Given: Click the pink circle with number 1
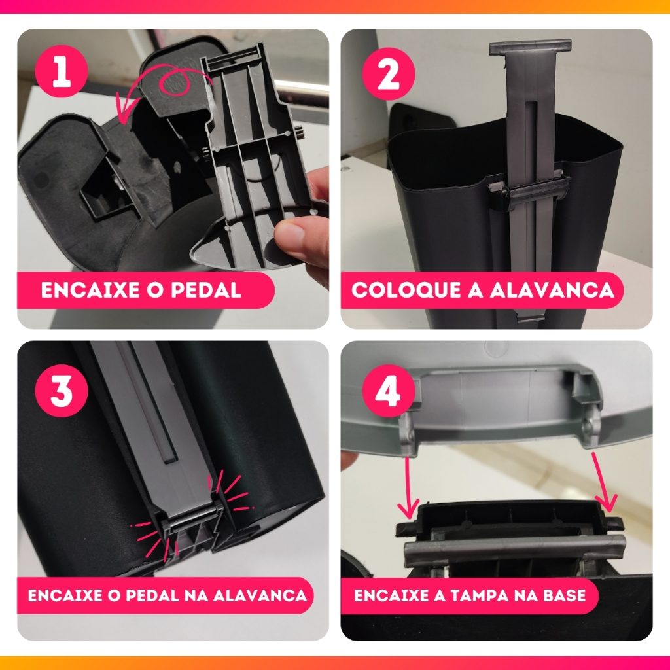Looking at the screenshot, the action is coord(62,72).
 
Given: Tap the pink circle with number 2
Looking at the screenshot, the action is coord(389,74).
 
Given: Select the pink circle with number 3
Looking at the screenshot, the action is coord(62,391).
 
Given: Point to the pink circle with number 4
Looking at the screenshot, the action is coord(389,391).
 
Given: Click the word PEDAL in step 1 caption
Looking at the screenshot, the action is coord(206,290).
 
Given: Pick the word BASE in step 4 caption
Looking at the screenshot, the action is coord(564,595).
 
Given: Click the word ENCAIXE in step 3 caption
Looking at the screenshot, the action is coord(65,595).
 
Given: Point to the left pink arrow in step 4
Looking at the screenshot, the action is coord(408,487).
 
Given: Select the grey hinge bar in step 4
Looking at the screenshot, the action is coord(514,550).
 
